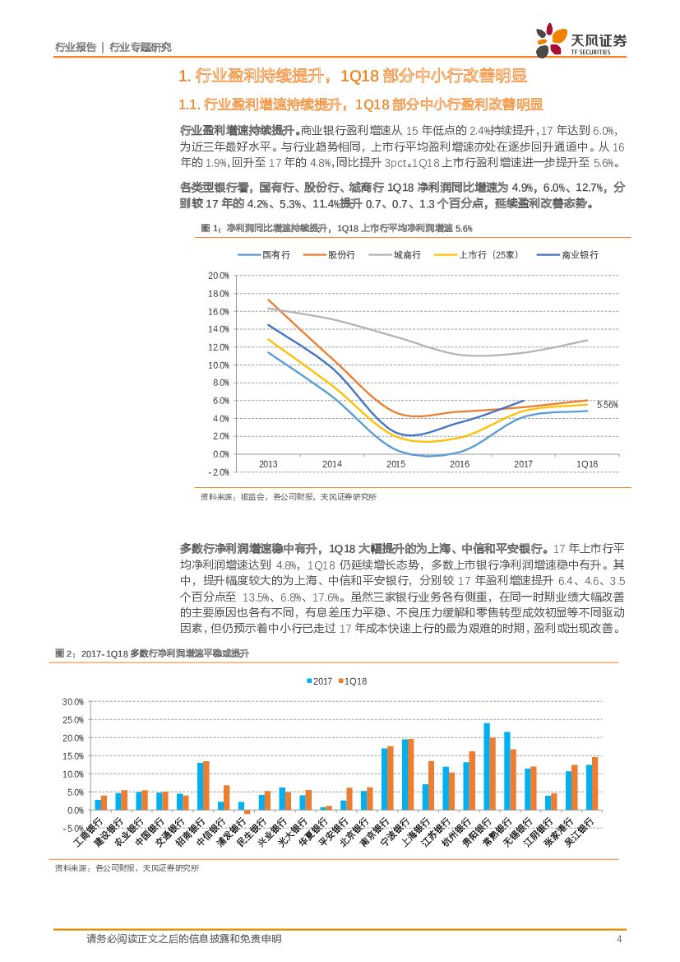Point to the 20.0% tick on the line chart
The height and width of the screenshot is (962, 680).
click(x=218, y=276)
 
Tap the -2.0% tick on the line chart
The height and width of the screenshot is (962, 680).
click(x=218, y=472)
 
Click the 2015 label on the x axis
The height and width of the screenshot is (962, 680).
click(x=396, y=464)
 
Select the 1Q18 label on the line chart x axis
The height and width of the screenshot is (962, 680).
click(x=587, y=464)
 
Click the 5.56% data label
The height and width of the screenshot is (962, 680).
click(x=607, y=405)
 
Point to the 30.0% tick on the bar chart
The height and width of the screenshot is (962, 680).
click(x=73, y=701)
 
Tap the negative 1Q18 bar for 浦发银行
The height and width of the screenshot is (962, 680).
click(x=247, y=812)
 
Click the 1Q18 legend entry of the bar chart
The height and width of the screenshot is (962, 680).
click(x=355, y=681)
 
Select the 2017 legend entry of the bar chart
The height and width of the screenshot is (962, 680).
click(x=322, y=681)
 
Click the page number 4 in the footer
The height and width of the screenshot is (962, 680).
click(x=618, y=939)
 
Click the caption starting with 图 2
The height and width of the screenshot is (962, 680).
click(x=151, y=652)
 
